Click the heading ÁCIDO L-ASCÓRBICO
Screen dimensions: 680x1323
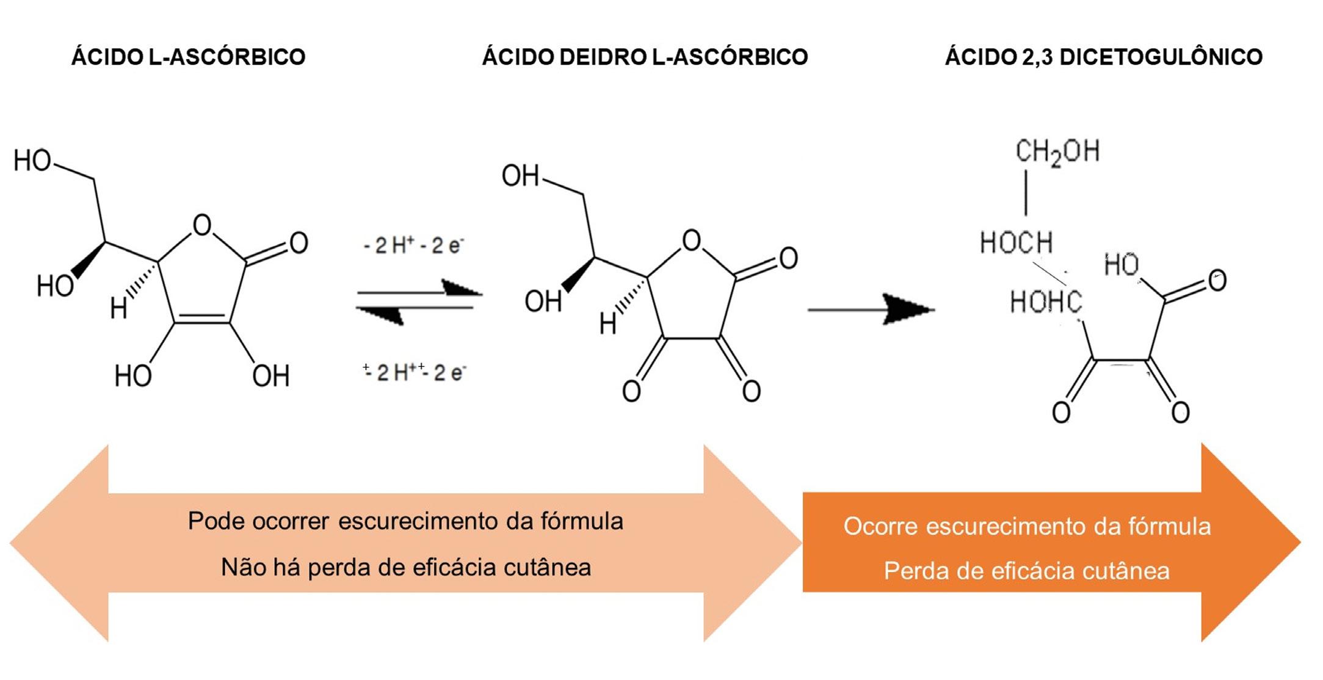pos(188,57)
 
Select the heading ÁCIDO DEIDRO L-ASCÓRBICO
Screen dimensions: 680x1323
pos(645,57)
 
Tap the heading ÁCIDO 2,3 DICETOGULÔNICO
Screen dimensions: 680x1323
pos(1103,57)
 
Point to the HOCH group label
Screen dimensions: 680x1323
pos(1016,242)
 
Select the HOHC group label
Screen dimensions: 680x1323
pos(1045,302)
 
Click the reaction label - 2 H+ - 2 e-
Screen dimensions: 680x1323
pos(413,245)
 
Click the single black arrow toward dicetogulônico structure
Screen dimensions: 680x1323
pos(871,309)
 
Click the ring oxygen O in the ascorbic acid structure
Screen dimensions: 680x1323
pos(202,225)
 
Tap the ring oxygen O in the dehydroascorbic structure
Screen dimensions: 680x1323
pos(691,240)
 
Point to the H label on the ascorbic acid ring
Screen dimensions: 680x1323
pos(118,309)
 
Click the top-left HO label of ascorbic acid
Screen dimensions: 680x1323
pos(32,161)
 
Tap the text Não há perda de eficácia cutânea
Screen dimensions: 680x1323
pos(406,567)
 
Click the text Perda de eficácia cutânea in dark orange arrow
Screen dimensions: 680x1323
pos(1026,571)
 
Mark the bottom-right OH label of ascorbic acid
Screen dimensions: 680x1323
pos(270,375)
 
